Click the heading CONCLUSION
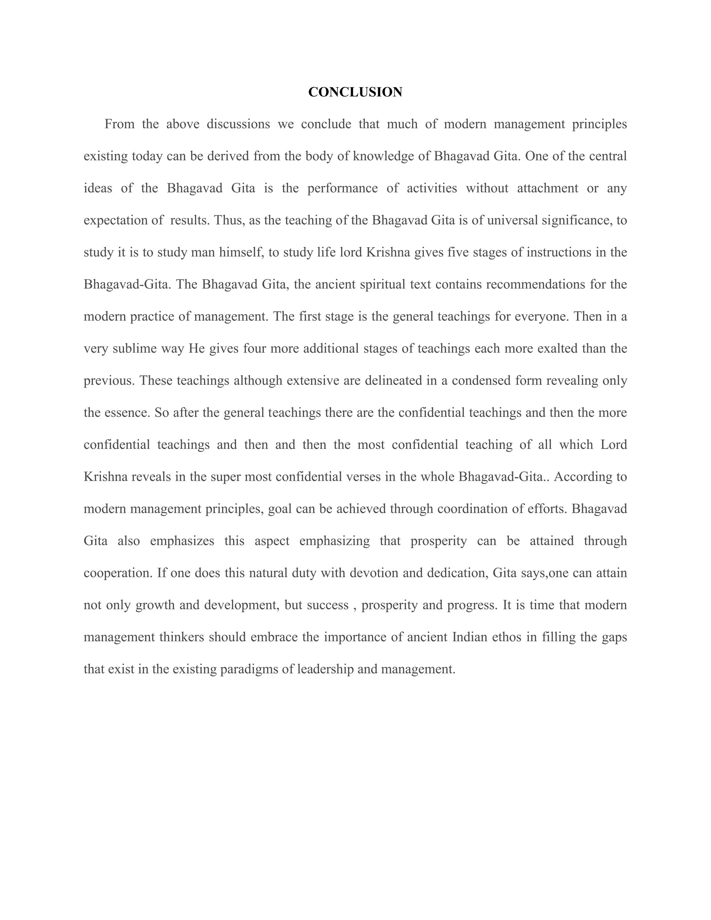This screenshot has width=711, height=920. coord(355,92)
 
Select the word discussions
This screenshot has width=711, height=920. coord(239,124)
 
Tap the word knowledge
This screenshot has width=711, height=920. coord(384,156)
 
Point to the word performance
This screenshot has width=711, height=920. coord(342,188)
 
